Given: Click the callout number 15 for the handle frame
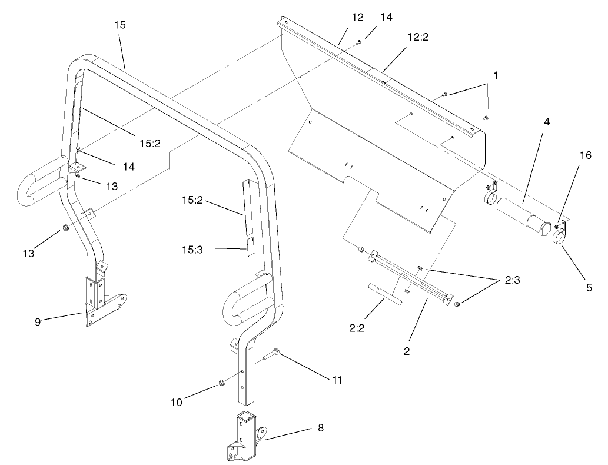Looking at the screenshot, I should click(x=119, y=25).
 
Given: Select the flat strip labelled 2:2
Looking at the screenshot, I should click(x=385, y=293).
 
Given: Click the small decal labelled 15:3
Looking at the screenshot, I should click(x=250, y=247).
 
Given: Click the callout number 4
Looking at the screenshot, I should click(x=547, y=122).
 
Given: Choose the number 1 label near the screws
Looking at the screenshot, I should click(x=496, y=76).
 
